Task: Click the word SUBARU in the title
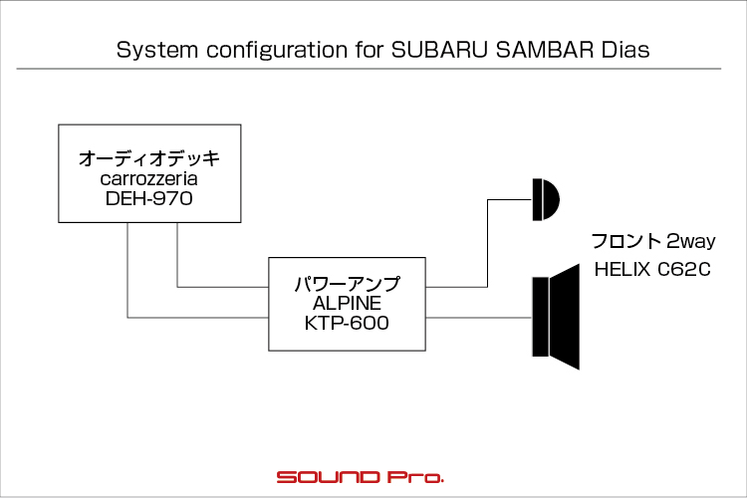[x=439, y=50]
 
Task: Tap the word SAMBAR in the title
[x=544, y=50]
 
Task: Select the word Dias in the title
[x=625, y=50]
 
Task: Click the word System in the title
[x=157, y=51]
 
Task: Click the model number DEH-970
[x=149, y=198]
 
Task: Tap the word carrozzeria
[x=149, y=178]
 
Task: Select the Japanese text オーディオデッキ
[x=149, y=158]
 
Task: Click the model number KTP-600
[x=347, y=323]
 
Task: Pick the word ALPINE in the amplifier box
[x=347, y=303]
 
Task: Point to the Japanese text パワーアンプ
[x=347, y=284]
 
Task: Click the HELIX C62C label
[x=652, y=270]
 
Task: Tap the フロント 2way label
[x=652, y=241]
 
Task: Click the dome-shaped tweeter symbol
[x=546, y=199]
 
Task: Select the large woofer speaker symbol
[x=556, y=317]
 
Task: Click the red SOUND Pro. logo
[x=361, y=477]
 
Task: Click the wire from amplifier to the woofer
[x=479, y=318]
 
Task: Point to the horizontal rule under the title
[x=369, y=69]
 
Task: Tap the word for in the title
[x=369, y=50]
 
